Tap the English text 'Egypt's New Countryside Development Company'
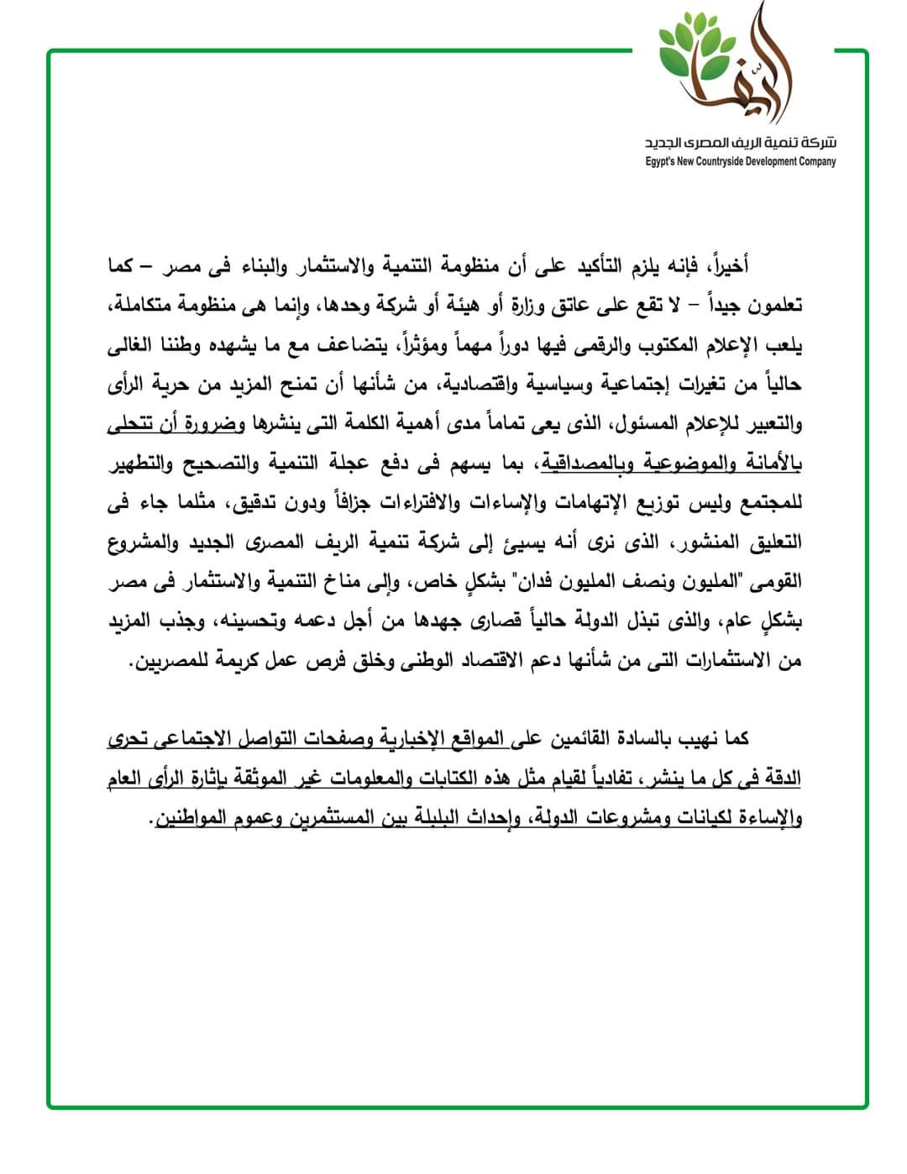click(740, 161)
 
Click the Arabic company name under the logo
click(740, 143)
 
